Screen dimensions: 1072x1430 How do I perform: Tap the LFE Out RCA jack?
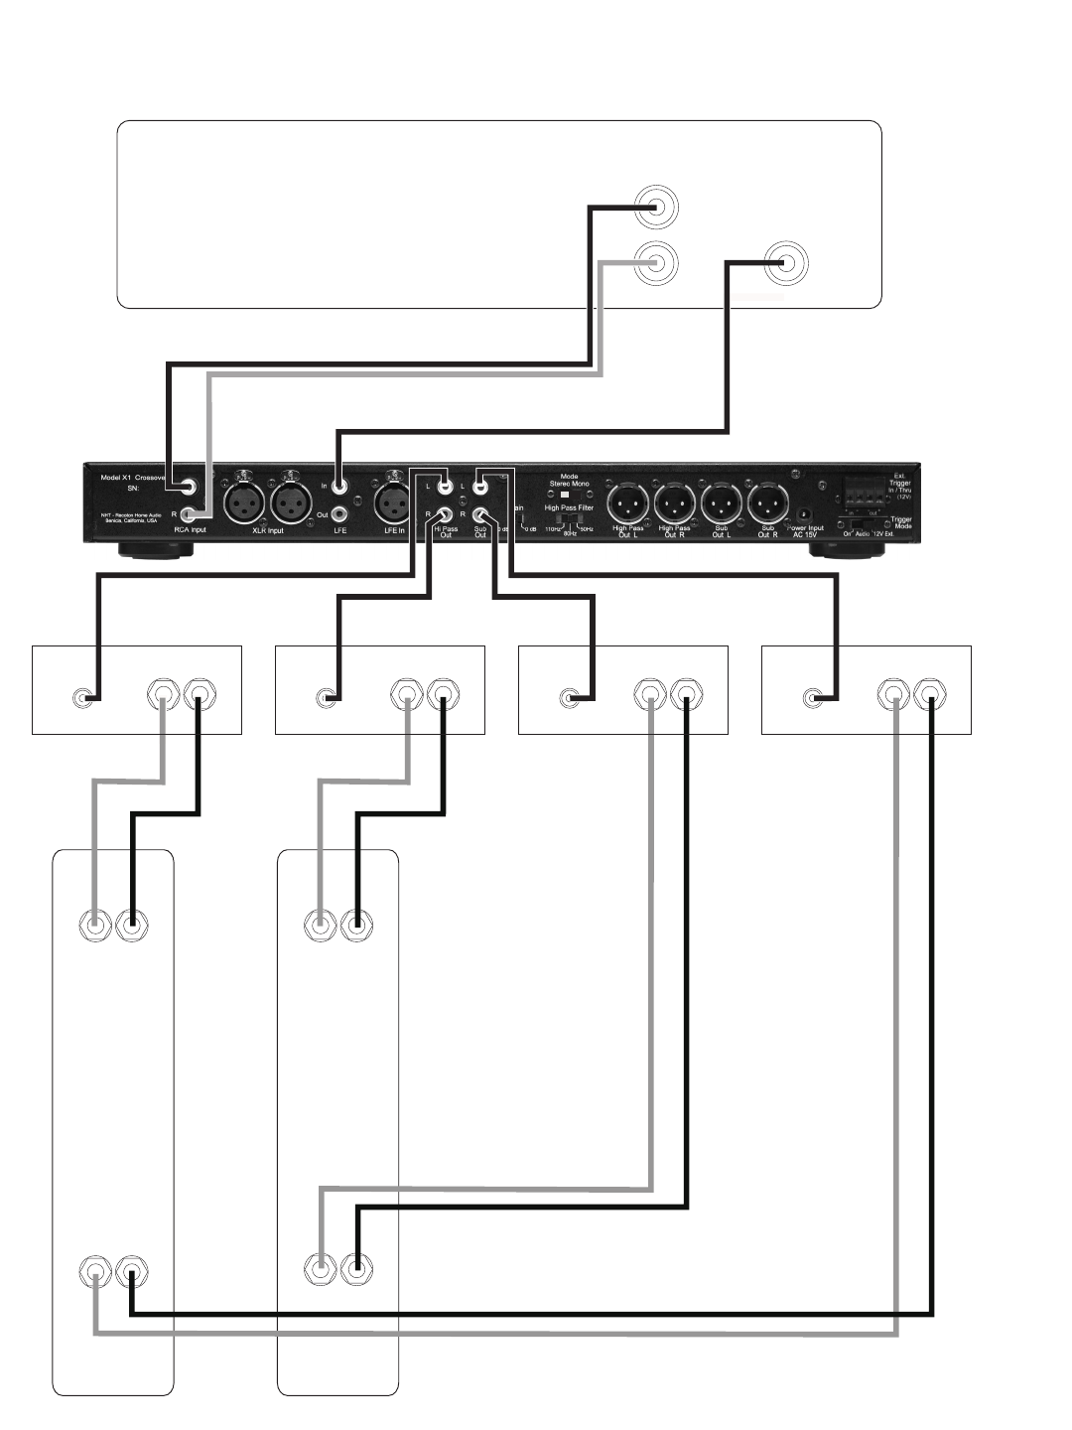[x=340, y=514]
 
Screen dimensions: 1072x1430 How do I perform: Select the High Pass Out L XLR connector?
[x=628, y=501]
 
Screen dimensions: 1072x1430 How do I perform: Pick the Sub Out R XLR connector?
[x=767, y=501]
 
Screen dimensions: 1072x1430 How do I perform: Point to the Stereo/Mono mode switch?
[x=569, y=494]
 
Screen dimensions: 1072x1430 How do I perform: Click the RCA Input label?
[x=190, y=530]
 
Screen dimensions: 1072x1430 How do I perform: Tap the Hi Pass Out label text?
[x=446, y=531]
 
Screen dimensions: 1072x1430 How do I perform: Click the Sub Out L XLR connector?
[x=721, y=501]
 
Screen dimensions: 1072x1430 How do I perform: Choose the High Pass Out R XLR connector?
[x=675, y=501]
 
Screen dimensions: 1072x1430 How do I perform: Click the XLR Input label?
[x=262, y=530]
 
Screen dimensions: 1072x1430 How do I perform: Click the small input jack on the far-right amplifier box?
[x=812, y=698]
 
